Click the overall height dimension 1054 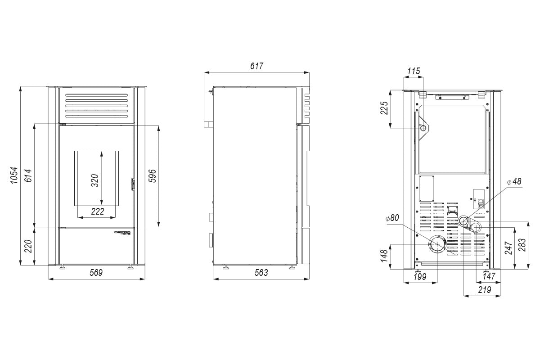[x=14, y=175]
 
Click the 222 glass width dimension [x=98, y=211]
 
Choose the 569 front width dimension [x=96, y=272]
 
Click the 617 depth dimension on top [x=256, y=66]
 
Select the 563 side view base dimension [x=261, y=272]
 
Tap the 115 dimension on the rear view [x=414, y=71]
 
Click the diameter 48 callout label [x=513, y=182]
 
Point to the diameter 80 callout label [x=392, y=218]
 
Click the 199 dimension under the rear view [x=419, y=277]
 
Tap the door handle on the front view [x=133, y=184]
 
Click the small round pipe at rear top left [x=423, y=129]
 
